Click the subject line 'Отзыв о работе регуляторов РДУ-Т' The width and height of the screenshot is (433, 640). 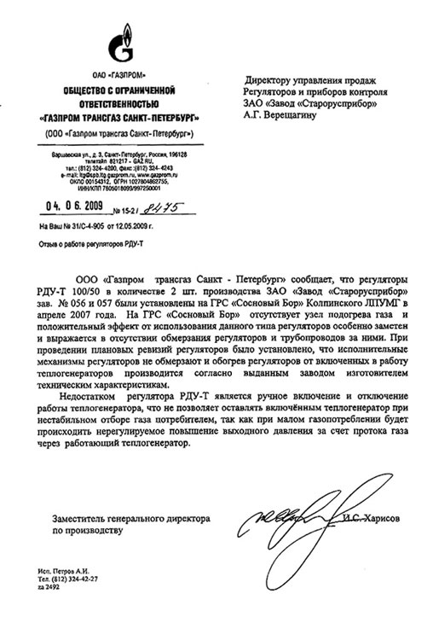click(x=90, y=243)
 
